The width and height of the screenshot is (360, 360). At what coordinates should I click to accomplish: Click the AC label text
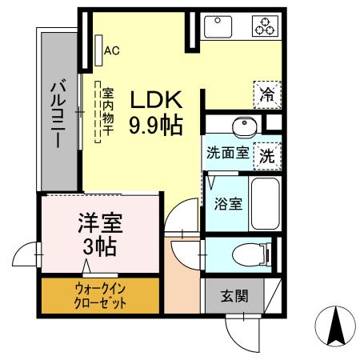(112, 50)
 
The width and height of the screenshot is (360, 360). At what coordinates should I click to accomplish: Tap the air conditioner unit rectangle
(98, 50)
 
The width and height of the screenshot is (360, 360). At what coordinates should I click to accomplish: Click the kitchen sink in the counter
(218, 26)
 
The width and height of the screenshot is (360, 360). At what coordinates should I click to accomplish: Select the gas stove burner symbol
(264, 26)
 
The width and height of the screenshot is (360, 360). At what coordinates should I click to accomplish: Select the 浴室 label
(228, 203)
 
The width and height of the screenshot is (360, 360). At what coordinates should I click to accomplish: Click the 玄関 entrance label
(235, 295)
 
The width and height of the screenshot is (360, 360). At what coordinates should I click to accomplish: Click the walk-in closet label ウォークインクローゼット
(101, 295)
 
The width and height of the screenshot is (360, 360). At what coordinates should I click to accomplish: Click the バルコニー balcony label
(59, 113)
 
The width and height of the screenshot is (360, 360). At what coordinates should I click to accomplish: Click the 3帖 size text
(99, 246)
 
